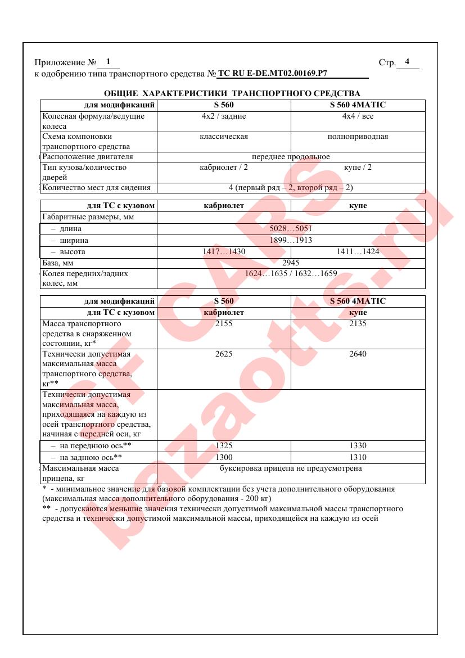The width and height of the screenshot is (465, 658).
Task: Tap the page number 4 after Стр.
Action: (407, 62)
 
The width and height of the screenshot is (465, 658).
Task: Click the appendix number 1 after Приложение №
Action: (108, 62)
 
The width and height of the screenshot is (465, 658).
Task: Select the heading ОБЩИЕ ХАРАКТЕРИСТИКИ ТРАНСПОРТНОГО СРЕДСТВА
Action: (232, 93)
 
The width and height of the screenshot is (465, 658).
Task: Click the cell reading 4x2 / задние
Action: (224, 116)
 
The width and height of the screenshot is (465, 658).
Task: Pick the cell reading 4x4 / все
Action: (358, 116)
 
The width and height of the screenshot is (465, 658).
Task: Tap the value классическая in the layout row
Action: (224, 137)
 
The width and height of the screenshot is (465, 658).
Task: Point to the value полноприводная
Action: (358, 137)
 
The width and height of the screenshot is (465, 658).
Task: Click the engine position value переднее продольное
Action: (291, 157)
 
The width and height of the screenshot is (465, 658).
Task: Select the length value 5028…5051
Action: (291, 229)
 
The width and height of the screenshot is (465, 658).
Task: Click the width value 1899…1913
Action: (291, 240)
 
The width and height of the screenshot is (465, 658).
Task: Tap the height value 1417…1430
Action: (224, 252)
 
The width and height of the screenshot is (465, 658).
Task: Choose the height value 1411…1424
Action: (358, 252)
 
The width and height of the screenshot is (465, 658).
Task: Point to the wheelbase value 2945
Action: (291, 263)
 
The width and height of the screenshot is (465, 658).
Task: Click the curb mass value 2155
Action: (224, 324)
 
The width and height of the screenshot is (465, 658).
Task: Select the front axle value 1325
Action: (224, 446)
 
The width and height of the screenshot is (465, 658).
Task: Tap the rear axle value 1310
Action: (358, 457)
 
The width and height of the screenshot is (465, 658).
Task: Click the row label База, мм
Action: (58, 263)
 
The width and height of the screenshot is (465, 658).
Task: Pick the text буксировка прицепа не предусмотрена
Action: (291, 468)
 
